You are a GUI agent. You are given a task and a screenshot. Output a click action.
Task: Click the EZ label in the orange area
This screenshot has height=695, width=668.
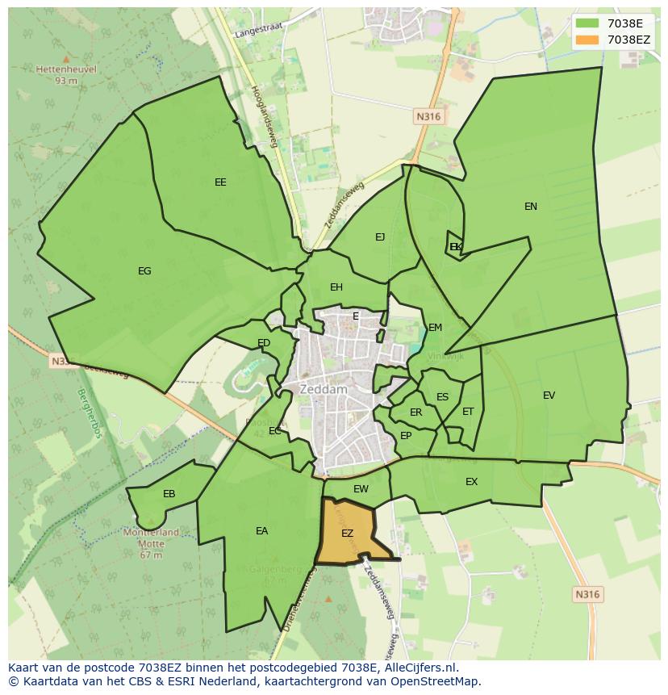[x=347, y=534]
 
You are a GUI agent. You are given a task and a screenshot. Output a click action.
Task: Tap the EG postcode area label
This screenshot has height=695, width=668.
[x=144, y=271]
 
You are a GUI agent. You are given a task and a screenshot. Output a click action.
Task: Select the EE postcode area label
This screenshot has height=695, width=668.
[x=220, y=182]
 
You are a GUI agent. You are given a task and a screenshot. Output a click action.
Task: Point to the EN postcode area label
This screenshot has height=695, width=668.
[x=530, y=207]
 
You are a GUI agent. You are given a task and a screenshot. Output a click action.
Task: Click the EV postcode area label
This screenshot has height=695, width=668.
[x=549, y=396]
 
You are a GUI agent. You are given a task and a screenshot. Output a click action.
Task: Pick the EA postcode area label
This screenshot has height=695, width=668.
[x=261, y=531]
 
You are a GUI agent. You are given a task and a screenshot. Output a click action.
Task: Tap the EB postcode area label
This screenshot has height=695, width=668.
[x=169, y=494]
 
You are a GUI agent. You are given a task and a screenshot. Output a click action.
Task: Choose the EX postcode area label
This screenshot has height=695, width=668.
[x=471, y=482]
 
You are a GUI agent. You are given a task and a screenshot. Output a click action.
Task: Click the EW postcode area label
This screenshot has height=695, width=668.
[x=361, y=489]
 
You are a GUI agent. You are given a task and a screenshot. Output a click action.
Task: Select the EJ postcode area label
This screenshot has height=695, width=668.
[x=380, y=237]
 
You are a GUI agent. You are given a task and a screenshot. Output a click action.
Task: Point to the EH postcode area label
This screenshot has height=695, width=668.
[x=336, y=287]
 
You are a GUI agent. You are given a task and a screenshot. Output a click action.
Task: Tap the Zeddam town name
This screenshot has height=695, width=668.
[x=323, y=389]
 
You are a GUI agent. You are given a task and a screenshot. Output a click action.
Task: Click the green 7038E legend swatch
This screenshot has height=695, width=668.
[x=587, y=23]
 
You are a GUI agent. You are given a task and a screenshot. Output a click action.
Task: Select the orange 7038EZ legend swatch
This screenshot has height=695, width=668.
[x=587, y=40]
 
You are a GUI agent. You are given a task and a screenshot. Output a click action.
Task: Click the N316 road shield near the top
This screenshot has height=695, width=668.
[x=428, y=117]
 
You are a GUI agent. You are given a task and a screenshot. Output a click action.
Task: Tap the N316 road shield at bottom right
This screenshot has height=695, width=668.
[x=587, y=594]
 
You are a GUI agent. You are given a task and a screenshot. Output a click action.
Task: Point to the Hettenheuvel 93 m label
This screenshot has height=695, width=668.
[x=66, y=74]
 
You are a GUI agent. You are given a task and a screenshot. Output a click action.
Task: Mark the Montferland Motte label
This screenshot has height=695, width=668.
[x=151, y=538]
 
